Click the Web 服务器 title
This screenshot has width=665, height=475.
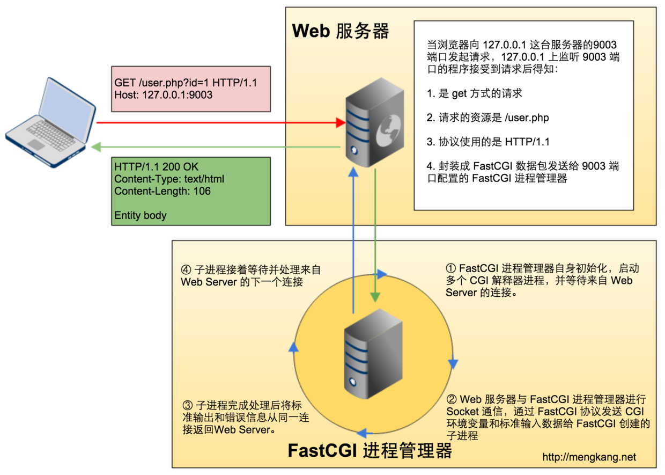point(340,31)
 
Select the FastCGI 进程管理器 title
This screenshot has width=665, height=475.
point(370,450)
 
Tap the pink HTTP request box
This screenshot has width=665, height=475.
point(191,89)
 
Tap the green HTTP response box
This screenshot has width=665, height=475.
point(191,191)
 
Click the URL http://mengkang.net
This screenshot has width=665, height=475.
point(589,457)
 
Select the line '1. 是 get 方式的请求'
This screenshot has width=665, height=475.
point(474,93)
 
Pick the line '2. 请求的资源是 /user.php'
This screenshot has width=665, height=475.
point(487,118)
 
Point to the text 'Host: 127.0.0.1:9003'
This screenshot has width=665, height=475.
point(164,96)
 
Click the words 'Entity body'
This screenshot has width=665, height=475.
point(141,216)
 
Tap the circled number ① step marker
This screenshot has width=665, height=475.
point(451,268)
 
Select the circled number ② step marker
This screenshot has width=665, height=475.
point(451,399)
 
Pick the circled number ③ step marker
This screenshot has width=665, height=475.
point(187,405)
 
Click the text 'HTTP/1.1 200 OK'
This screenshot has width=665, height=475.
point(156,167)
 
